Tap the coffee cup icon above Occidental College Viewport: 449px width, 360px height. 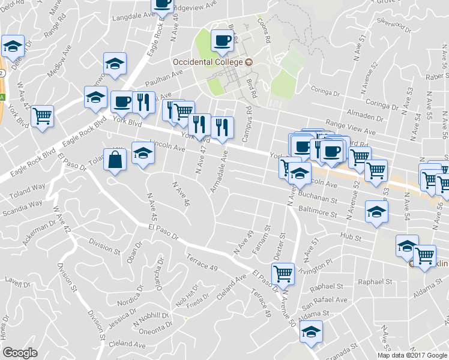pyautogui.click(x=222, y=41)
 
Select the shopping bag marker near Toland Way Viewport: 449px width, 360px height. pyautogui.click(x=114, y=161)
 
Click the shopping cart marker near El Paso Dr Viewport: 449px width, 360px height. pyautogui.click(x=283, y=274)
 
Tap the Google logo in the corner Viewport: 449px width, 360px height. pyautogui.click(x=20, y=353)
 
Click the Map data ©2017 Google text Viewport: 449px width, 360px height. pyautogui.click(x=412, y=355)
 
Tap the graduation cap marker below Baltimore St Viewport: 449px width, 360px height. pyautogui.click(x=377, y=212)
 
